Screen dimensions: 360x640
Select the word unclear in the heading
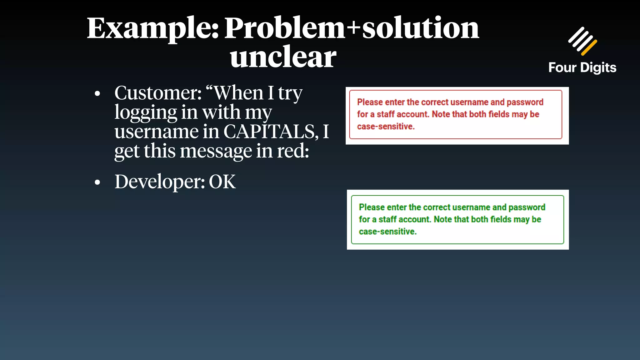click(283, 57)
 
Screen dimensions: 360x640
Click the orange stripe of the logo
click(589, 47)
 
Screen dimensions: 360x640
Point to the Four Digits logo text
click(582, 68)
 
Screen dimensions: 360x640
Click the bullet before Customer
click(97, 93)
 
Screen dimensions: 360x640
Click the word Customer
click(158, 93)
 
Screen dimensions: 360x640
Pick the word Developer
click(159, 182)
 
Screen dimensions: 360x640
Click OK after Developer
click(222, 182)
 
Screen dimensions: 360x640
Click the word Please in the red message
click(370, 102)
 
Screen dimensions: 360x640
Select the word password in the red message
click(525, 102)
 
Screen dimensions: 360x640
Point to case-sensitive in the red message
click(386, 127)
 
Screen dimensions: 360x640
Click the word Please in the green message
click(372, 207)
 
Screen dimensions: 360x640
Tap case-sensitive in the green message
click(387, 232)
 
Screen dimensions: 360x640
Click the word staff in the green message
click(387, 219)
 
